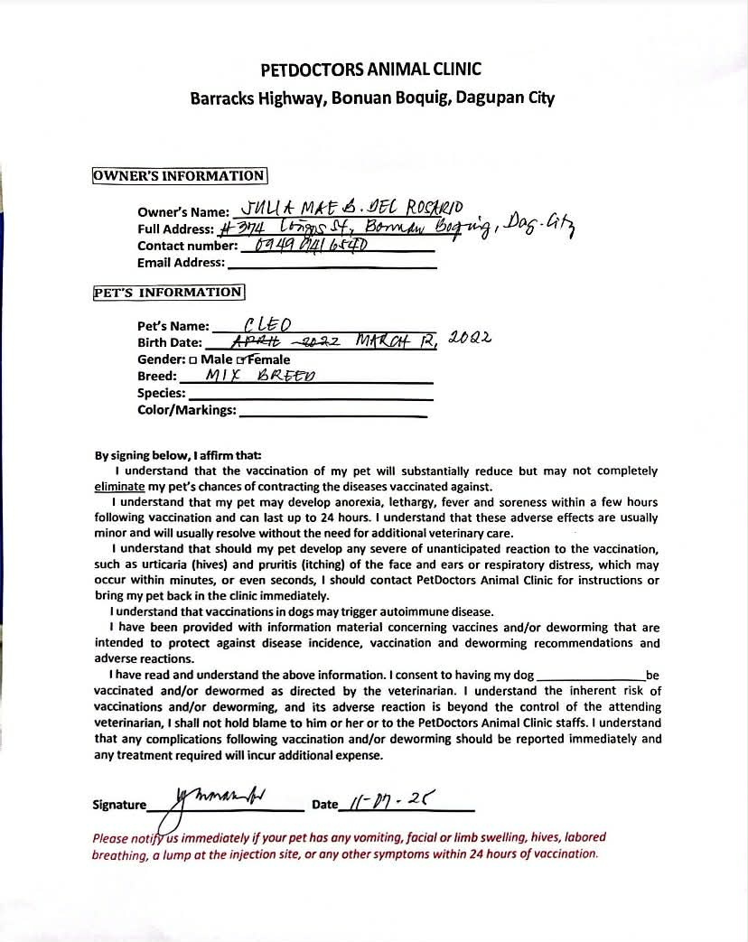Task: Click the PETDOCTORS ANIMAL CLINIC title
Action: (371, 70)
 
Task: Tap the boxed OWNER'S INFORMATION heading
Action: (179, 176)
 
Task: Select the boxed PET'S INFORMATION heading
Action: (168, 293)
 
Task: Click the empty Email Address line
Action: (332, 265)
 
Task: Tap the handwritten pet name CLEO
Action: (266, 324)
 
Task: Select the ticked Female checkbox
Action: (240, 360)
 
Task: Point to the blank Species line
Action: (310, 396)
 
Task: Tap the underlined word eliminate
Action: (119, 487)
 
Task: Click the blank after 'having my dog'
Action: (591, 676)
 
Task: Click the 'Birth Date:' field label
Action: (170, 343)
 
